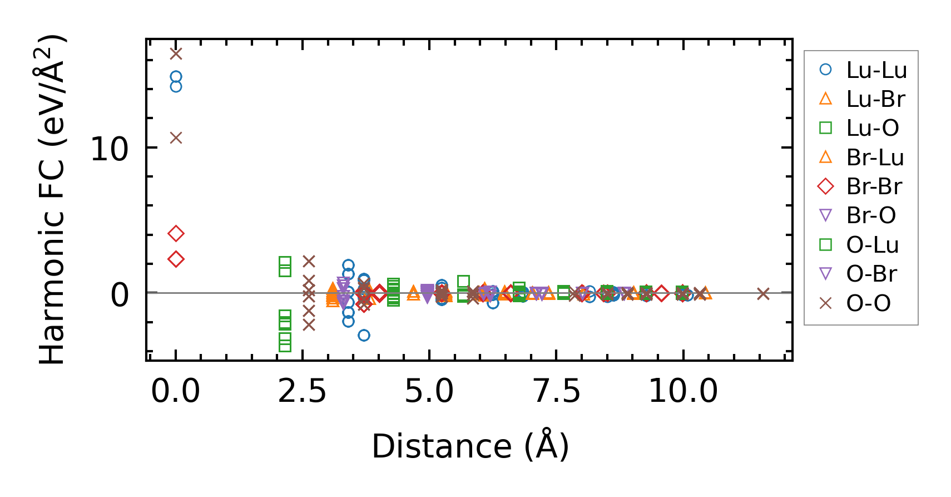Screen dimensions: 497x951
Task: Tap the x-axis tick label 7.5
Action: coord(557,391)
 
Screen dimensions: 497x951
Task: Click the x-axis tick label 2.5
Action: coord(302,391)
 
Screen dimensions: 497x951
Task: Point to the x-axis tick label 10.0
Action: coord(683,391)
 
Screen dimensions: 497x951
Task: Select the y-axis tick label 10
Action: coord(109,149)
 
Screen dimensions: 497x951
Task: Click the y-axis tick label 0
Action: coord(120,295)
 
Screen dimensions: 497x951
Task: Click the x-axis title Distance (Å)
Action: coord(470,446)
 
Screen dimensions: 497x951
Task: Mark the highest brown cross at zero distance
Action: coord(176,54)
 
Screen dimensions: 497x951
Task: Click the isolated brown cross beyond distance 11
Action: coord(763,293)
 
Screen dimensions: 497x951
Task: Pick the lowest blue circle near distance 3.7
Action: coord(364,335)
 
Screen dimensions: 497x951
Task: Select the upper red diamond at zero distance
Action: coord(176,234)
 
